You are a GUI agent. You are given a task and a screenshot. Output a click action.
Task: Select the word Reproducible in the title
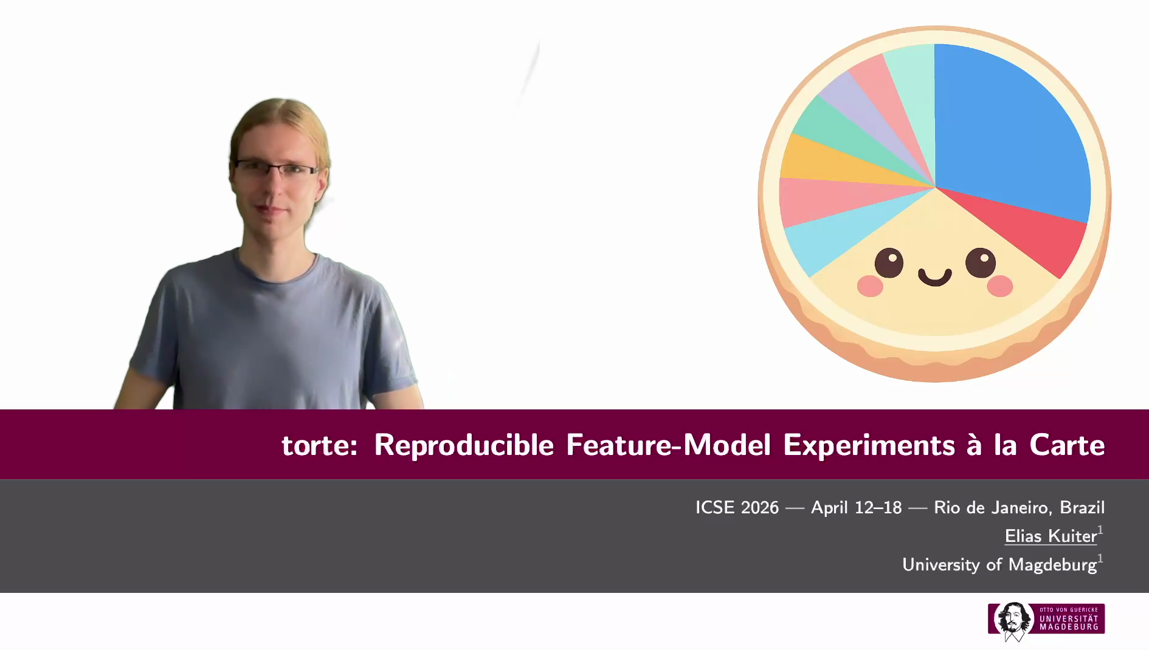pos(464,445)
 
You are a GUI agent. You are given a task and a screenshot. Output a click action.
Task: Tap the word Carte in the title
pos(1067,445)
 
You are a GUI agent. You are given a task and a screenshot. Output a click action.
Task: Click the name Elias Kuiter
pos(1051,536)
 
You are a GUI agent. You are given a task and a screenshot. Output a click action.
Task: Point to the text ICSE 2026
pos(737,507)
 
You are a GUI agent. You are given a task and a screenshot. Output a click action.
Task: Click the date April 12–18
pos(856,507)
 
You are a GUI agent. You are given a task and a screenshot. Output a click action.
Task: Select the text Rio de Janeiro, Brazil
pos(1019,507)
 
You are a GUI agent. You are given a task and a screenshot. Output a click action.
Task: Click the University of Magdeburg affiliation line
pos(999,564)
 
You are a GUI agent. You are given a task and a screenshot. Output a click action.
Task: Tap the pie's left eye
pos(889,263)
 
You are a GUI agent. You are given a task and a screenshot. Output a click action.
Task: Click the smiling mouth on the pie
pos(934,278)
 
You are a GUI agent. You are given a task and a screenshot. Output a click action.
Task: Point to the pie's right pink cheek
pos(999,285)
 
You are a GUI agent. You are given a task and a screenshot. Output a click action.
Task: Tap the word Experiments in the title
pos(869,445)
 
